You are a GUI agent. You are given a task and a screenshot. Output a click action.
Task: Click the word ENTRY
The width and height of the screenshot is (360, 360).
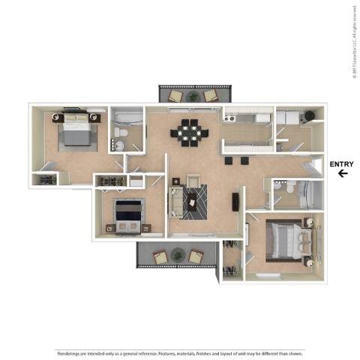(x=341, y=164)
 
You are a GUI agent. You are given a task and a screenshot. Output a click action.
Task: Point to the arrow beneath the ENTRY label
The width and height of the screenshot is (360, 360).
(x=342, y=174)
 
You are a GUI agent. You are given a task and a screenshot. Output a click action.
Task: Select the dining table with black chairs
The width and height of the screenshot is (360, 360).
(x=188, y=133)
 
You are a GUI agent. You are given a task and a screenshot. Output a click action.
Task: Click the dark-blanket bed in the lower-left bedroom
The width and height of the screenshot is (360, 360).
(x=127, y=215)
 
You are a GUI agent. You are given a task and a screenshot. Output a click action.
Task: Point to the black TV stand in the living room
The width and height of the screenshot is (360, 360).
(x=235, y=201)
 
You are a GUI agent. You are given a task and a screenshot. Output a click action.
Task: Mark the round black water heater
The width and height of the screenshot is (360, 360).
(x=307, y=117)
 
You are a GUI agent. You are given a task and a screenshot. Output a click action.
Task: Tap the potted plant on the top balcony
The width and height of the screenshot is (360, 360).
(x=193, y=95)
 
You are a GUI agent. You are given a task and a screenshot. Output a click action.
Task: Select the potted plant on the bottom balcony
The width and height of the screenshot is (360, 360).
(x=178, y=256)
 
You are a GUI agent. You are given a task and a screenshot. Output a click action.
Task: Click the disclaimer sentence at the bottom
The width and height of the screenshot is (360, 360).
(x=180, y=352)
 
